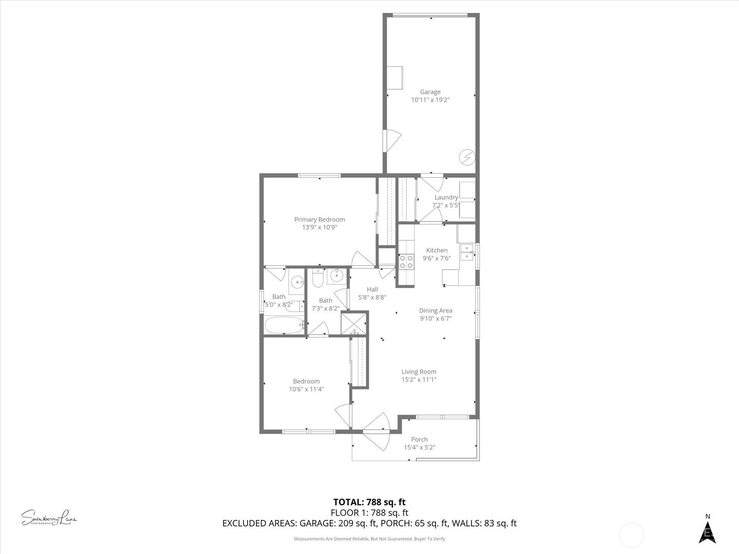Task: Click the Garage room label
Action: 430,92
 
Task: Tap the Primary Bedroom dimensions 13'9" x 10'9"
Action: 320,227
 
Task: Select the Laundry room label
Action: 446,197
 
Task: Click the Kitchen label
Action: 436,250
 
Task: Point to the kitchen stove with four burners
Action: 406,261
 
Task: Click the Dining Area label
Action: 436,310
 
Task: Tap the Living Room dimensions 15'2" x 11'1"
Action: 419,379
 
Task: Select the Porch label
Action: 419,439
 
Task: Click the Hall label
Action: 372,289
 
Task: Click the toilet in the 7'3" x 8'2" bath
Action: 317,278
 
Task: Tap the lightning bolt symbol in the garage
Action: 466,158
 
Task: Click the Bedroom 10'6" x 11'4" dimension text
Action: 306,389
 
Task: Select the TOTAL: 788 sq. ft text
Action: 369,502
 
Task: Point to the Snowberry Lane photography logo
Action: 49,518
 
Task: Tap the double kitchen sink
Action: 467,252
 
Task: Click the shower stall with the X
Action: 354,323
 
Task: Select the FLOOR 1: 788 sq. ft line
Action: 369,512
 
